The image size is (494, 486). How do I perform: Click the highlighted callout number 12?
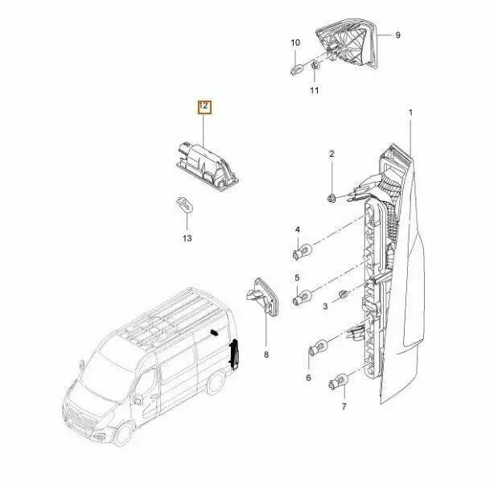204,106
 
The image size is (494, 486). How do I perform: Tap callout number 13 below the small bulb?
187,238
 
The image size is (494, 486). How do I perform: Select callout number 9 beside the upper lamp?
397,35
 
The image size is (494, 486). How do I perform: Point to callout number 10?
295,43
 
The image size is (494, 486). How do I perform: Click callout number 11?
314,90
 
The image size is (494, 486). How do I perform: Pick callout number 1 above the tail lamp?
410,112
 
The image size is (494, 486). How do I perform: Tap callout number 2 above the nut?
331,154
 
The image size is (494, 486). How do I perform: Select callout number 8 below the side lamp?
266,355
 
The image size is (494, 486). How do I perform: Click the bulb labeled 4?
303,253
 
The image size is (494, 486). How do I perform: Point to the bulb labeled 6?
318,348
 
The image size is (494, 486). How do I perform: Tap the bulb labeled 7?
338,381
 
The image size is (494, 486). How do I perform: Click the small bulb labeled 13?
184,204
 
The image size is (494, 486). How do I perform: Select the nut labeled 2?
331,199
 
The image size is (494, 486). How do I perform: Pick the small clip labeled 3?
344,294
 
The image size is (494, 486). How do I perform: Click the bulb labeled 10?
298,68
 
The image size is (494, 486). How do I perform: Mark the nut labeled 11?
315,66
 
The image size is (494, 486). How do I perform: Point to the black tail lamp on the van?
234,354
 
